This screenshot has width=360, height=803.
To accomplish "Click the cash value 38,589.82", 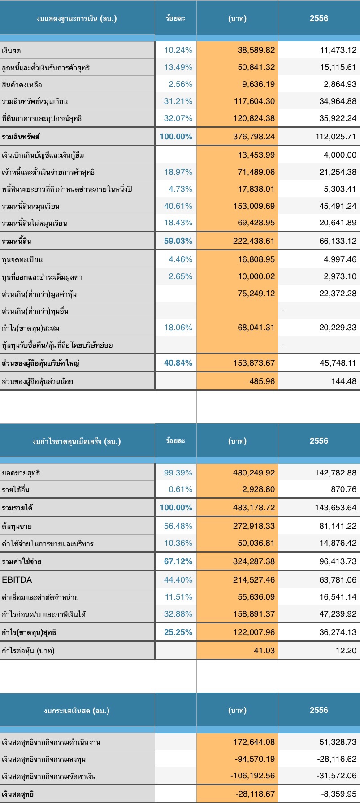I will [256, 50].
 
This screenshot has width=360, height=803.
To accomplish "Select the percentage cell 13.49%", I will [178, 67].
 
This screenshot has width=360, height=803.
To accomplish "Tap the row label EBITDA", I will [17, 580].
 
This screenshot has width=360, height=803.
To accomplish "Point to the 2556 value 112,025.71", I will [336, 137].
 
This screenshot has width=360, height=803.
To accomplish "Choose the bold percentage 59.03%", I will [178, 241].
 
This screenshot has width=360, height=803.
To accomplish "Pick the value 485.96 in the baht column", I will [264, 382].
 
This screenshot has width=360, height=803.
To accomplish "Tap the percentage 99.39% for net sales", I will [178, 473].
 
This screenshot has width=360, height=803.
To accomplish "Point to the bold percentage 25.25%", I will [178, 633].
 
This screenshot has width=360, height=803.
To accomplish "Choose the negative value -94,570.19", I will [255, 759].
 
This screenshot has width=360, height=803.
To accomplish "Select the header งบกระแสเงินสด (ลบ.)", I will [77, 711].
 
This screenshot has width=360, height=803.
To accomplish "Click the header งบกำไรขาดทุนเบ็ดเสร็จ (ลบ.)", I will [77, 441].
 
